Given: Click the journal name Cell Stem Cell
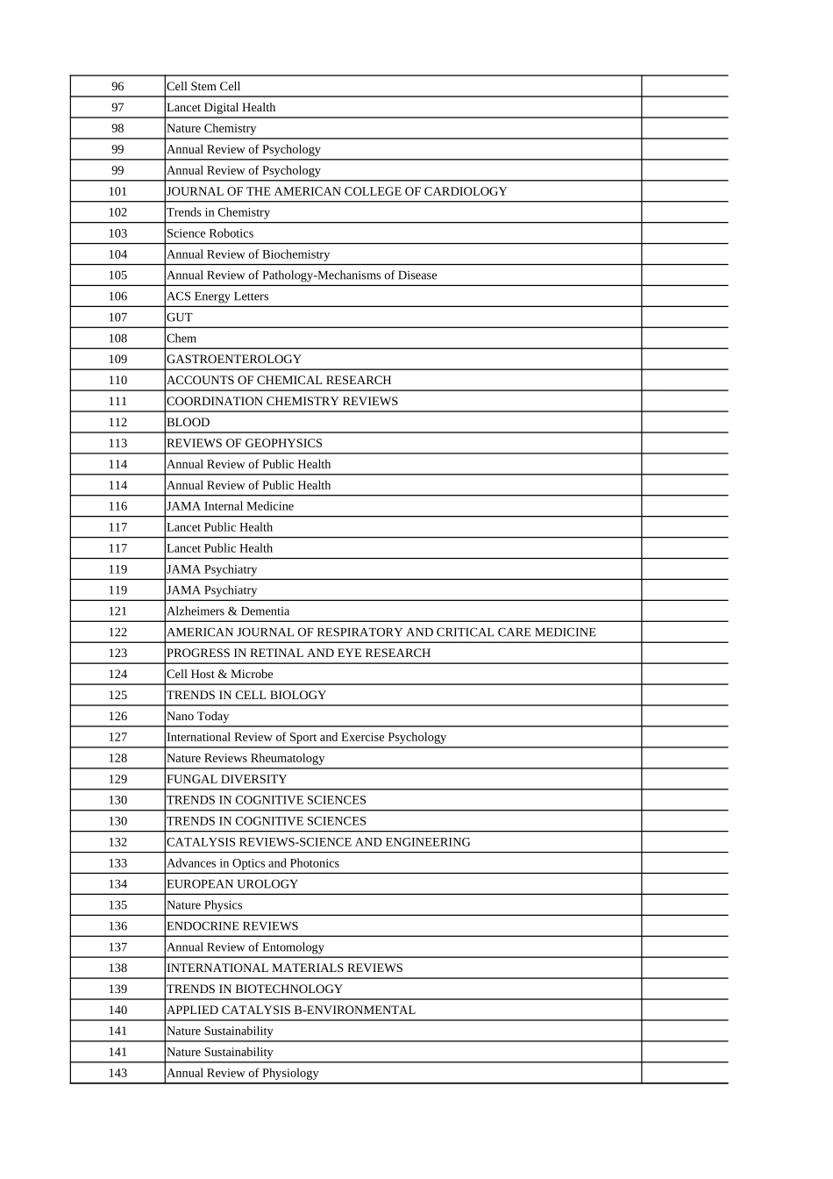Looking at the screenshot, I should click(203, 86).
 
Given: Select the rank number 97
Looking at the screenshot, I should click(117, 107).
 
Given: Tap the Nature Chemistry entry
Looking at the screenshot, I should click(211, 128).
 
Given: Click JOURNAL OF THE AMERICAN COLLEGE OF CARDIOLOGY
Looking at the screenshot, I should click(337, 191).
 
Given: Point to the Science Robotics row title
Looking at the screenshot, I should click(210, 233).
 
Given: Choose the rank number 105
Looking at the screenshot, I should click(117, 275).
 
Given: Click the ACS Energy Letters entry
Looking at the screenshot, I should click(217, 297).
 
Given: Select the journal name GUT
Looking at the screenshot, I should click(180, 318).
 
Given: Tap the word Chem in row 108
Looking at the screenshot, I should click(182, 339).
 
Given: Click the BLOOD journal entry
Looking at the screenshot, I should click(189, 422).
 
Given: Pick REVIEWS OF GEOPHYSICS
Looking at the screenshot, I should click(245, 443).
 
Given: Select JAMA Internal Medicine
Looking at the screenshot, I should click(230, 506).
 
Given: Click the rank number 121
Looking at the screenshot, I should click(117, 611).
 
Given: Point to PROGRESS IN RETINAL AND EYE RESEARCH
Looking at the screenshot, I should click(298, 654).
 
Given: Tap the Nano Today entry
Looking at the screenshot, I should click(197, 717).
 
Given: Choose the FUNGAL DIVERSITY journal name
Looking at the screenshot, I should click(226, 779).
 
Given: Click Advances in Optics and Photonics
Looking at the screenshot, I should click(253, 863).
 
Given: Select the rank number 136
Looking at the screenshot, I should click(117, 926).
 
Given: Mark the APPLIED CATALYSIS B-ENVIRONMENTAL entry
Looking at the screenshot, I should click(291, 1011).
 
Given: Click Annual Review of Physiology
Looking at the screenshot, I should click(243, 1073).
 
